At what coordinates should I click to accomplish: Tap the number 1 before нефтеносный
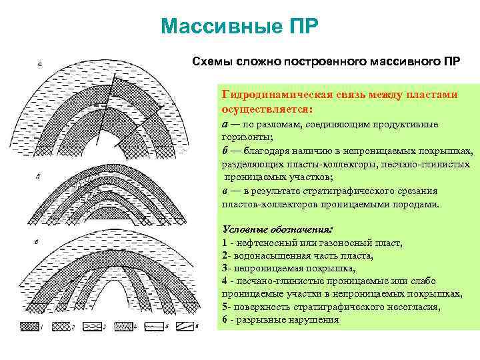[x=225, y=243]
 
